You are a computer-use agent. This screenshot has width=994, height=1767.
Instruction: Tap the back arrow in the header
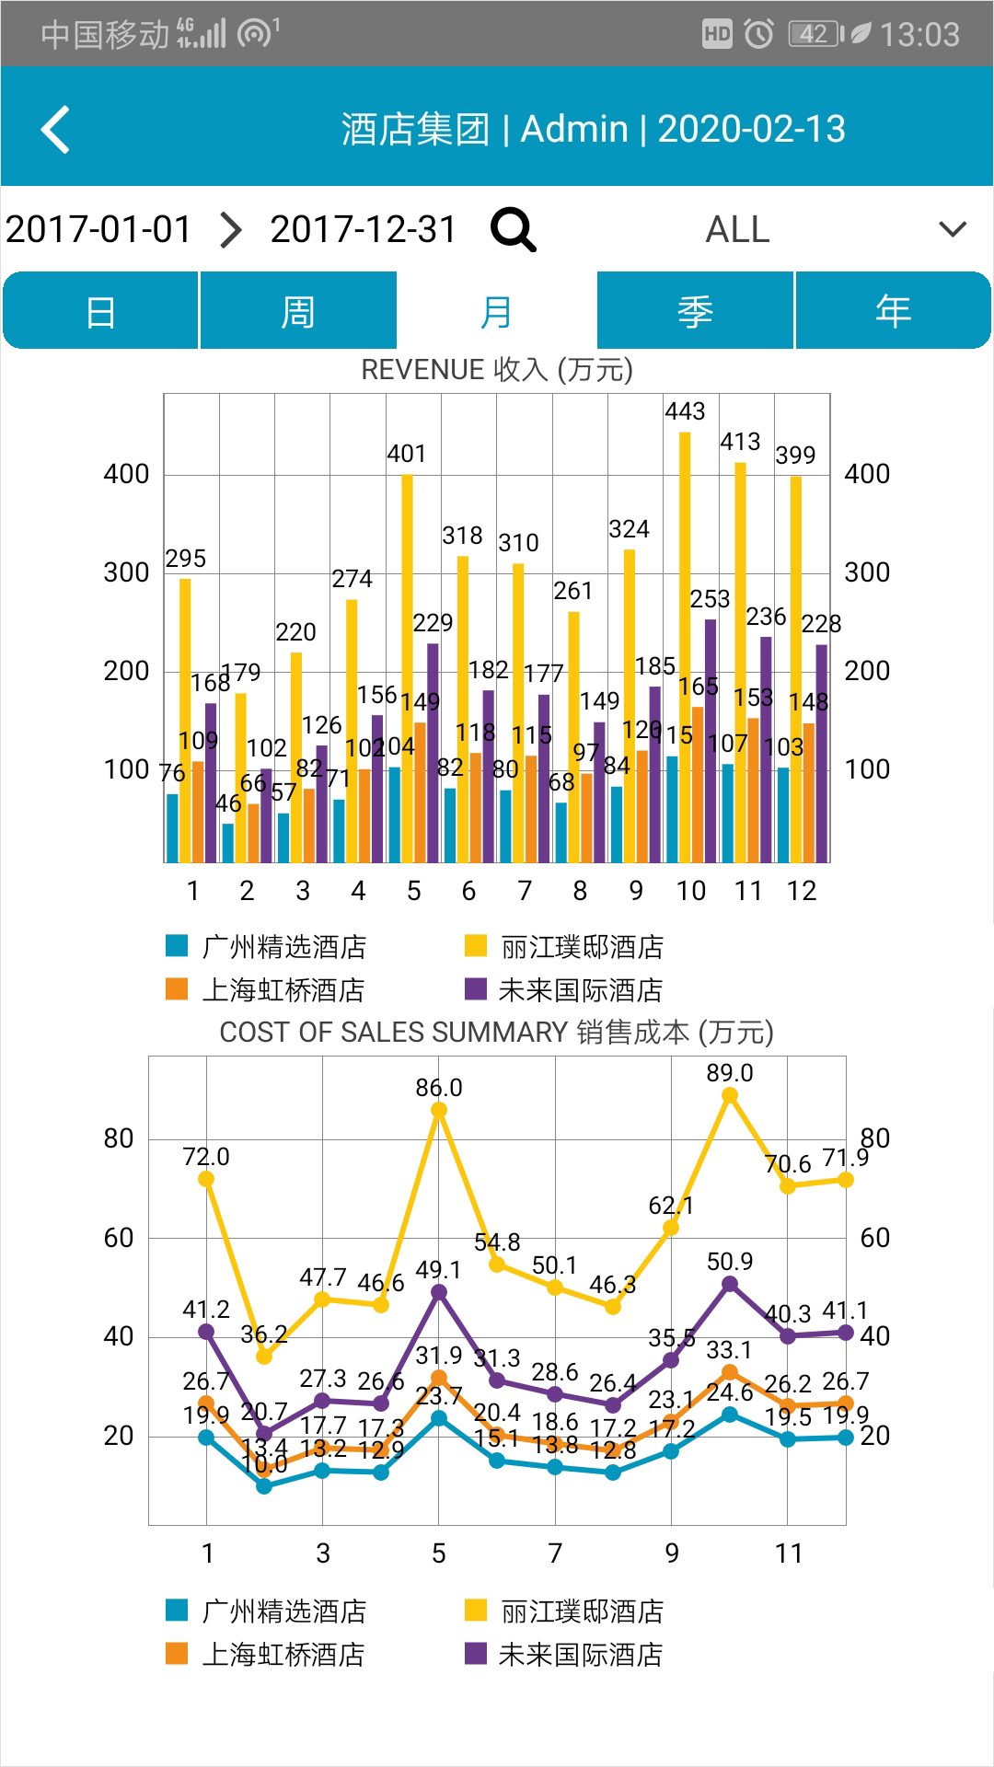coord(56,129)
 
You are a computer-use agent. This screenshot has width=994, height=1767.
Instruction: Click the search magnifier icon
coord(513,229)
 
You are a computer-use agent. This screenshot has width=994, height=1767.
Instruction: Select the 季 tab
coord(695,311)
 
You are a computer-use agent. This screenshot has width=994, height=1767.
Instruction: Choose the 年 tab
coord(893,311)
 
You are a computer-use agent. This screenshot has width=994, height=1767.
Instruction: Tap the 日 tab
coord(100,311)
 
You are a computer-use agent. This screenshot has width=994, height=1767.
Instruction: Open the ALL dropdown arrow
coord(953,229)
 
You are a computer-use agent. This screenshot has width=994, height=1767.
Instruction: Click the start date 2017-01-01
coord(98,229)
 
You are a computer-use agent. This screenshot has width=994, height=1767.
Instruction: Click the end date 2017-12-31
coord(364,229)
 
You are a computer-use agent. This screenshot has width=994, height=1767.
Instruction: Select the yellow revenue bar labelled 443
coord(685,644)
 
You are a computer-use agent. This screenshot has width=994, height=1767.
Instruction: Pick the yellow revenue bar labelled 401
coord(407,667)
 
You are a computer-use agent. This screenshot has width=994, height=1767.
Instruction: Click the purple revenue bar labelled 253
coord(711,741)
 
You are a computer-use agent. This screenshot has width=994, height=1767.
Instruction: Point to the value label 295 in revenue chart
coord(186,559)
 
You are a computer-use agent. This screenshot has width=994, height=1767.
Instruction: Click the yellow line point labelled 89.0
coord(730,1095)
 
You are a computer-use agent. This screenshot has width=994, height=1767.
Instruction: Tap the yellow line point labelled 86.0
coord(439,1110)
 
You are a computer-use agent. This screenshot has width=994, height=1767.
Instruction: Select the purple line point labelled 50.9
coord(730,1284)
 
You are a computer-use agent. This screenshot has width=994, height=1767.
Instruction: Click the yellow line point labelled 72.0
coord(206,1179)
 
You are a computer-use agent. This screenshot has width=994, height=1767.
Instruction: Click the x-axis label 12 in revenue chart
coord(802,891)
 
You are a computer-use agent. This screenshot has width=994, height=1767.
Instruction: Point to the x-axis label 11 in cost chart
coord(789,1553)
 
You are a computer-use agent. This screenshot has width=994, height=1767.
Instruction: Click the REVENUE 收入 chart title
coord(497,370)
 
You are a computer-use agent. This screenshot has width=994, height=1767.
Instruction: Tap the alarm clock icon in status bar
coord(758,35)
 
